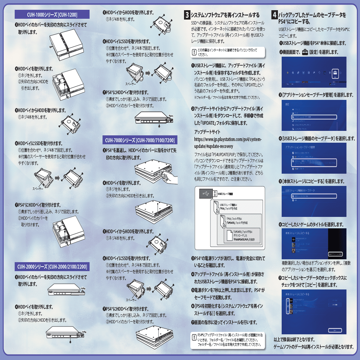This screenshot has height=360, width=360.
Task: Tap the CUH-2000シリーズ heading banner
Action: pyautogui.click(x=52, y=267)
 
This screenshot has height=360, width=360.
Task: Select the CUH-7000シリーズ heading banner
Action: pyautogui.click(x=139, y=140)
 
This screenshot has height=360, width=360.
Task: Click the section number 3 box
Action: pyautogui.click(x=187, y=15)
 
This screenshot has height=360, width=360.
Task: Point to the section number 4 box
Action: pyautogui.click(x=275, y=15)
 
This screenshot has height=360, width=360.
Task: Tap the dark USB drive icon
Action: pyautogui.click(x=205, y=194)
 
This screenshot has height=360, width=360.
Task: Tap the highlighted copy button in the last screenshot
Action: pyautogui.click(x=335, y=329)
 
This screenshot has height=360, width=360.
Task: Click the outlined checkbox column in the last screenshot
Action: pyautogui.click(x=288, y=304)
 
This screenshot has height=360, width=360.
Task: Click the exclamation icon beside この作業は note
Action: pyautogui.click(x=194, y=52)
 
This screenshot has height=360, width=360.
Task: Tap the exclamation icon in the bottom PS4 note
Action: pyautogui.click(x=194, y=337)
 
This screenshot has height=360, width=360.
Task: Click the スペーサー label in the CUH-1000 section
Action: pyautogui.click(x=38, y=189)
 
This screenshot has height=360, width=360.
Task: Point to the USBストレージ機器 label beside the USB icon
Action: pyautogui.click(x=225, y=194)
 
